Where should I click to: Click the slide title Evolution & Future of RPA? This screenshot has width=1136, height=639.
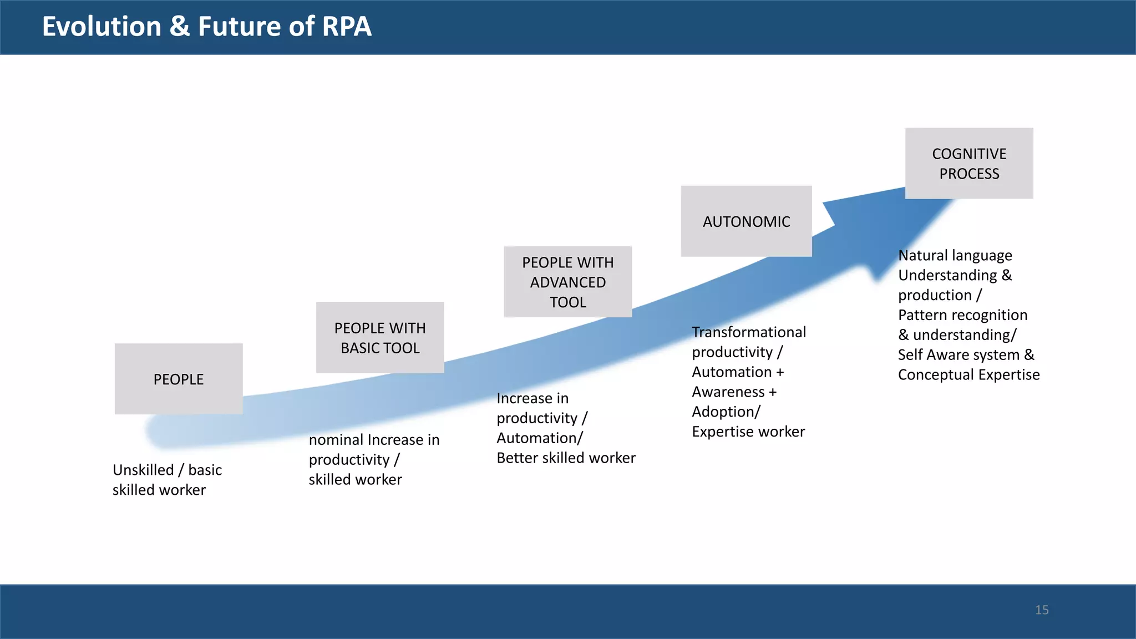[x=206, y=27]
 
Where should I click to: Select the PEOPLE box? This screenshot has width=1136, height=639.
[x=179, y=379]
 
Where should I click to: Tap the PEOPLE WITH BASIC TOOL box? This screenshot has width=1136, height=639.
[x=380, y=338]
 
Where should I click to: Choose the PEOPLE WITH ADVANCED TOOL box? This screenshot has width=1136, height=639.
[x=567, y=282]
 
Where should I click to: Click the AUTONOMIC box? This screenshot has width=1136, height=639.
[x=746, y=221]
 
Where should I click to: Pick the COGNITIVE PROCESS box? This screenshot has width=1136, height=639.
[x=969, y=164]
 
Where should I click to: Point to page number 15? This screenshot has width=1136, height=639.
[x=1042, y=610]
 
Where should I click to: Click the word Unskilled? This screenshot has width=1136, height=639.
[x=143, y=470]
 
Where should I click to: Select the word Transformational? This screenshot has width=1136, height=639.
[x=749, y=332]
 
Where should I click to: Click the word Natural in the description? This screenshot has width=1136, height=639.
[x=923, y=256]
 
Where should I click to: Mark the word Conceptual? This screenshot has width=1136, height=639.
[x=935, y=375]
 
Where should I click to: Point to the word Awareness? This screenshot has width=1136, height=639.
[x=728, y=392]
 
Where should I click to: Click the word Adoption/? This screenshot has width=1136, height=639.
[x=726, y=412]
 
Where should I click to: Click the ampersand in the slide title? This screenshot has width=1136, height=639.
[x=179, y=27]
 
